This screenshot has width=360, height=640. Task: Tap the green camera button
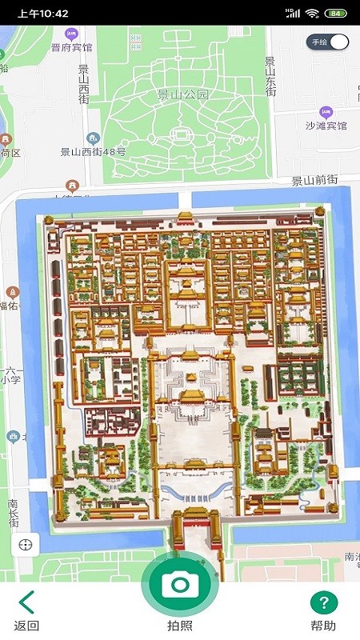(180, 583)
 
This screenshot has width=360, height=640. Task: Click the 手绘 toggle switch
(329, 42)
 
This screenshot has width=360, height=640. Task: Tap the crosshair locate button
(25, 545)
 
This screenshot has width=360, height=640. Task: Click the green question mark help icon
(324, 603)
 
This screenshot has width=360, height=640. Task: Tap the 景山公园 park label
(182, 94)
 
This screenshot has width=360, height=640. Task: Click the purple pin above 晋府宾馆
(72, 34)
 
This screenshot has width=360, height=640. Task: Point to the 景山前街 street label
(314, 181)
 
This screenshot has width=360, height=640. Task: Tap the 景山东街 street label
(270, 77)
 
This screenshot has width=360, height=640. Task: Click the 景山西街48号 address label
(93, 152)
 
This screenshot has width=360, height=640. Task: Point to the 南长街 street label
(14, 513)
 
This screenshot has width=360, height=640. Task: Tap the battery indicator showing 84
(336, 14)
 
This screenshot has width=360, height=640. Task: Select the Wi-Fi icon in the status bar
(312, 14)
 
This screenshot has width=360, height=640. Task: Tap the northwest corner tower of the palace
(49, 219)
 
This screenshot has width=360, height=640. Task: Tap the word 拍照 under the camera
(180, 626)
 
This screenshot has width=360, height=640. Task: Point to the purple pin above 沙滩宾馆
(326, 112)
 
